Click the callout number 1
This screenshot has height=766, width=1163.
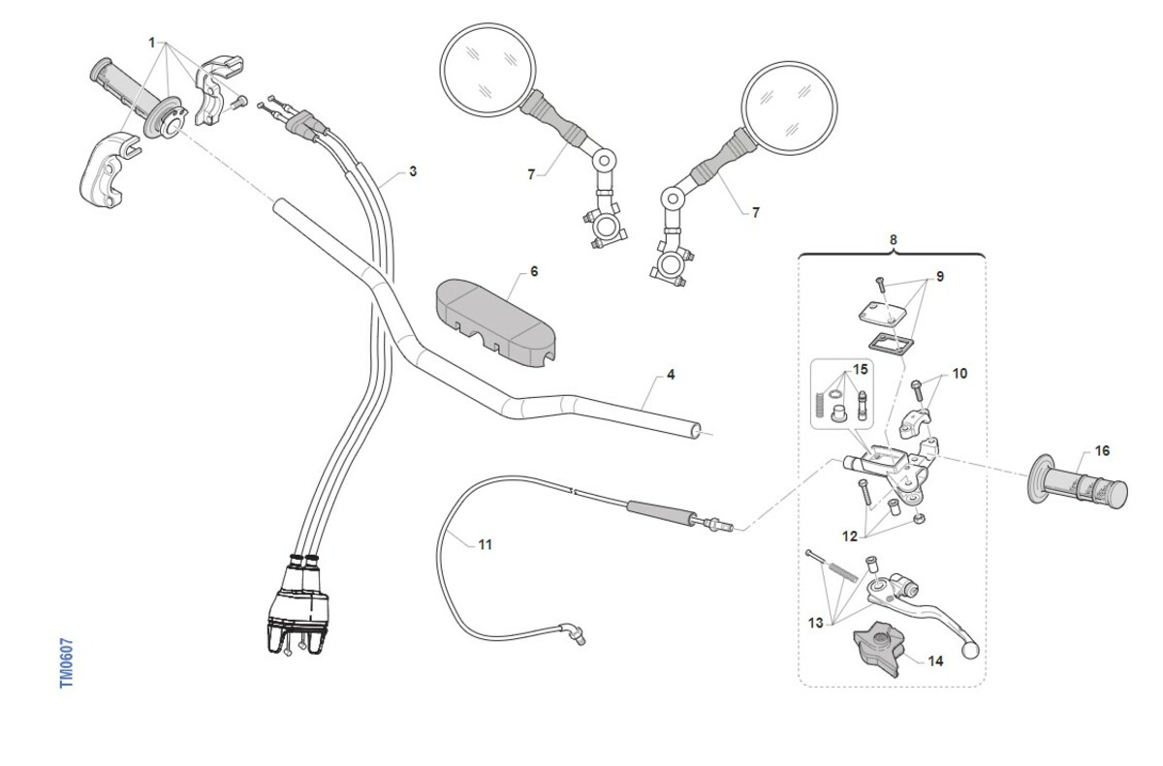click(x=152, y=43)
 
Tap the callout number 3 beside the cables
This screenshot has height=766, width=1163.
click(x=413, y=171)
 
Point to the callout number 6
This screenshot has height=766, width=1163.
click(x=534, y=271)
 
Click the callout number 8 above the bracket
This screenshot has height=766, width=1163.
click(x=893, y=238)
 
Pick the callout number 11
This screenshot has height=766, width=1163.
click(x=485, y=545)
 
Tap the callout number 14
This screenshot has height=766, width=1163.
click(x=935, y=662)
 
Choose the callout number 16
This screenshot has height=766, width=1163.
click(x=1102, y=450)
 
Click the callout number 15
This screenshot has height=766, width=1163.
click(x=860, y=370)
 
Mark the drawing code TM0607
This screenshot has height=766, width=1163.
click(x=67, y=663)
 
